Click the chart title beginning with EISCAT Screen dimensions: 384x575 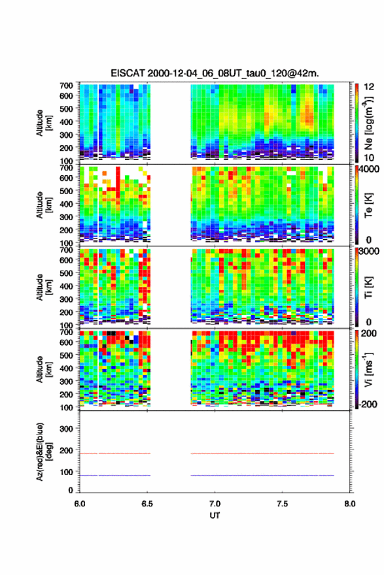pos(215,73)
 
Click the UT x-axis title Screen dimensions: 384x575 pos(215,516)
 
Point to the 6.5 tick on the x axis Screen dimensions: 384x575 pos(147,504)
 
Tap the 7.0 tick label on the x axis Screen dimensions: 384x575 pos(215,504)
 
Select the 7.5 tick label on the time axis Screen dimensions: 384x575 pos(282,504)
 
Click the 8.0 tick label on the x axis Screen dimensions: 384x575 pos(350,504)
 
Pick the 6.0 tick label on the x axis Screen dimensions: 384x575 pos(80,504)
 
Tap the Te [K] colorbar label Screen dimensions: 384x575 pos(369,205)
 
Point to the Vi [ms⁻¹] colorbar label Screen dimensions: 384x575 pos(369,369)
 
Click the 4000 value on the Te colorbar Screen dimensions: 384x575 pos(370,170)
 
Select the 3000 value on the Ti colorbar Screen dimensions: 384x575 pos(370,251)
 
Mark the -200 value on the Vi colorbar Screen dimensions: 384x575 pos(367,404)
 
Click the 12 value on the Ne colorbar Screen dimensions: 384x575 pos(369,86)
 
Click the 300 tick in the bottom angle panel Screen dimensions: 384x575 pos(67,429)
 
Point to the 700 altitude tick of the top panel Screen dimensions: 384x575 pos(67,86)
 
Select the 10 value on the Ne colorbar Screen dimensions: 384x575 pos(369,157)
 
